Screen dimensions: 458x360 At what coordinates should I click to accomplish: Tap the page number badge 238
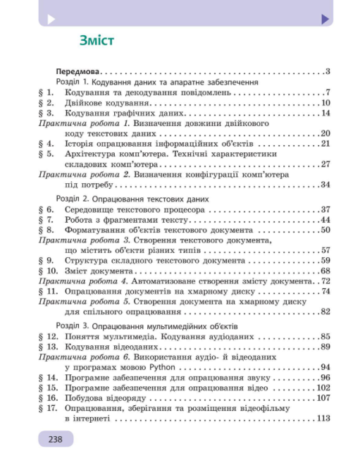tap(56, 440)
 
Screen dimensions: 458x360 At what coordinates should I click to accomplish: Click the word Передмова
tap(77, 71)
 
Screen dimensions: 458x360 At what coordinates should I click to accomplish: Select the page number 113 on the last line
tap(323, 419)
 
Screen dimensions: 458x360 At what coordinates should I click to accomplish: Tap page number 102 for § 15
tap(323, 388)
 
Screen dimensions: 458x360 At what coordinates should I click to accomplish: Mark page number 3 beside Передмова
tap(328, 71)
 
